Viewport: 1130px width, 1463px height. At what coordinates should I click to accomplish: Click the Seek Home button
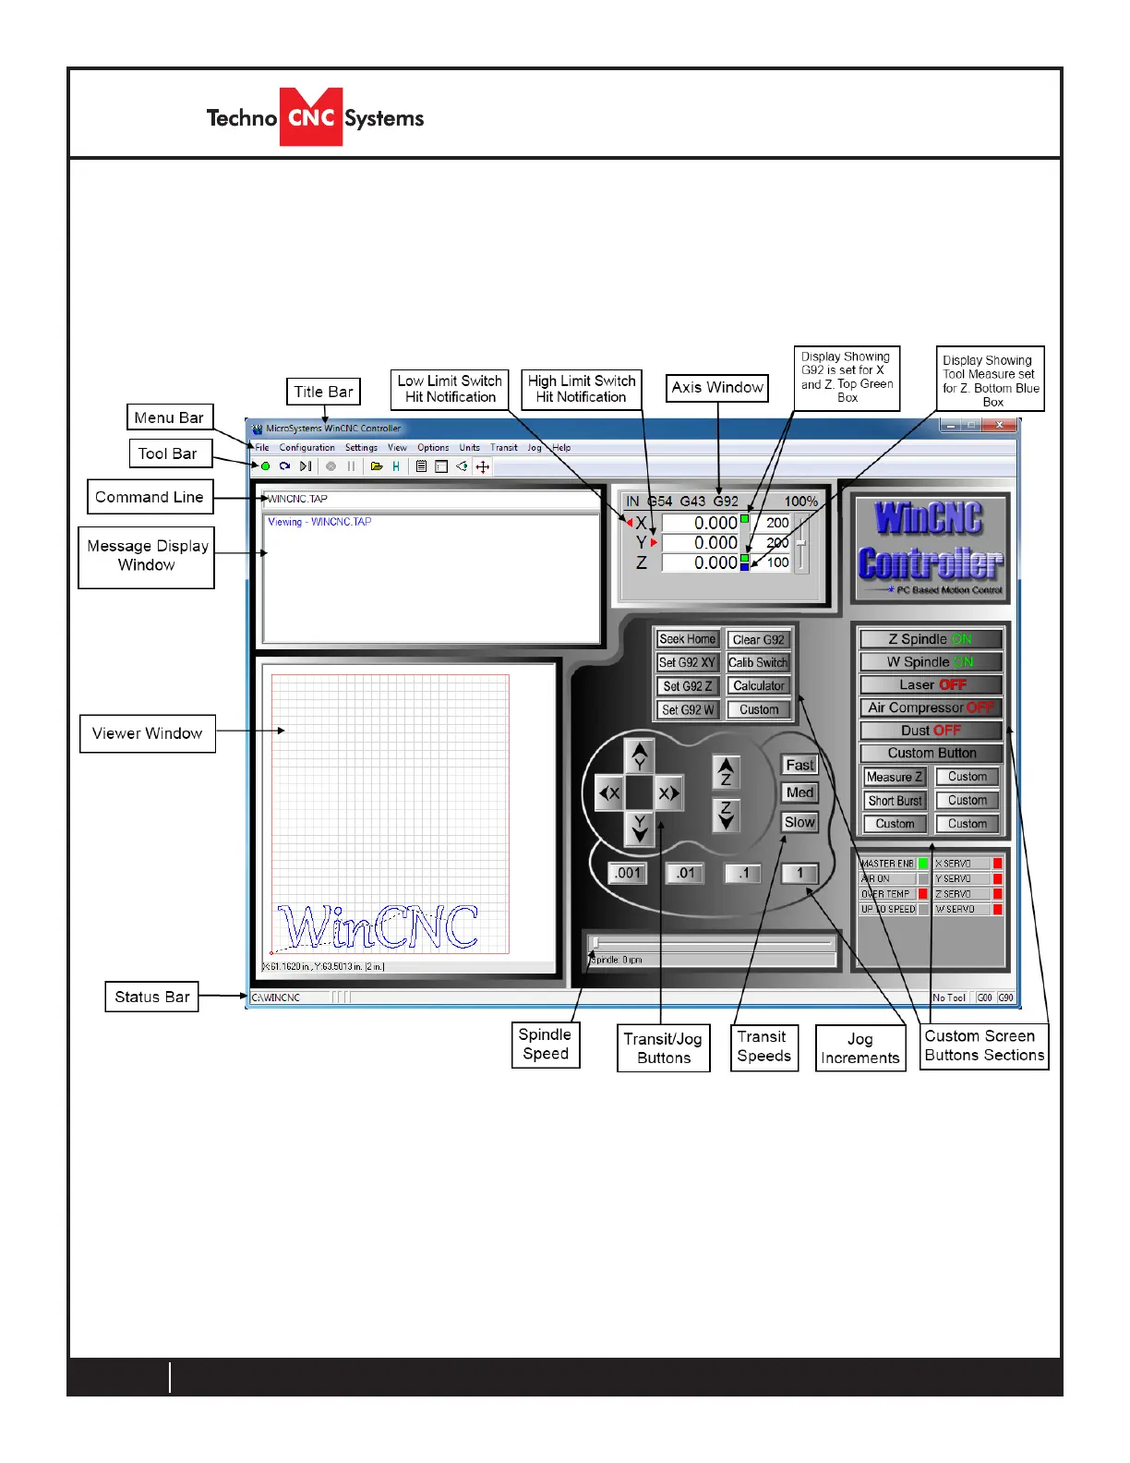click(x=687, y=639)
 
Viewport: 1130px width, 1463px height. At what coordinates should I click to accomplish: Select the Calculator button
click(x=758, y=686)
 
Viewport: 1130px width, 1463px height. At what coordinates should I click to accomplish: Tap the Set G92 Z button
click(x=687, y=686)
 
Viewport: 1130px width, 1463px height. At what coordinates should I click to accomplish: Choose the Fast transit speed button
click(x=799, y=765)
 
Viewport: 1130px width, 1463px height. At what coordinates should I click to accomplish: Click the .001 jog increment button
click(x=628, y=873)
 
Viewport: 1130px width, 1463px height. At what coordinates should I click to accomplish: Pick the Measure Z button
click(x=894, y=777)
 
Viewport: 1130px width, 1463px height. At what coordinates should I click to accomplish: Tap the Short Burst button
click(x=894, y=801)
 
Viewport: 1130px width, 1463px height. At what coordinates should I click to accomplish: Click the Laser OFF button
click(x=931, y=684)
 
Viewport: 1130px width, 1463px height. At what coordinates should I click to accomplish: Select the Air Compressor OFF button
click(x=931, y=707)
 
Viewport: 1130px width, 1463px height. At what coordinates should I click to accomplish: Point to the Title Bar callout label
click(x=323, y=392)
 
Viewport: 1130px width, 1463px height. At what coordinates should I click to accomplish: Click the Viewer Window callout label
click(x=148, y=733)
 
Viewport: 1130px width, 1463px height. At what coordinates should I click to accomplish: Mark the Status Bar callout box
click(x=152, y=997)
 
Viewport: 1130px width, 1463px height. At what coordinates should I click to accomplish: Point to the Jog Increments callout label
click(x=860, y=1048)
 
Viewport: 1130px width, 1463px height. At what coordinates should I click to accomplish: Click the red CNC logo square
click(x=311, y=117)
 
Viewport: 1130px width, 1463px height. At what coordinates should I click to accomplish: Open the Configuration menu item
click(x=307, y=448)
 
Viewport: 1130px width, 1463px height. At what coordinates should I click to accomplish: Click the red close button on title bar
click(x=1000, y=426)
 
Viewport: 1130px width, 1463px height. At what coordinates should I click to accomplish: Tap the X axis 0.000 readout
click(x=701, y=524)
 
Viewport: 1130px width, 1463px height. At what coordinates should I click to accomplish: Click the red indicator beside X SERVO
click(x=998, y=864)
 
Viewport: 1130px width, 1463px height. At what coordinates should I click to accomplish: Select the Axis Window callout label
click(x=717, y=388)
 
